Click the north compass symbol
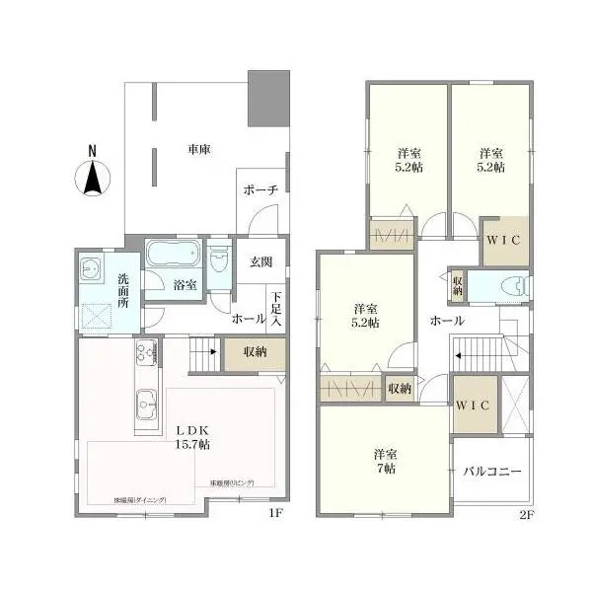coord(91,175)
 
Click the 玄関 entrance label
coord(260,261)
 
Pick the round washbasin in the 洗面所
coord(92,267)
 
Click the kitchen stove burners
coord(143,352)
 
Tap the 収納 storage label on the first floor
coord(255,352)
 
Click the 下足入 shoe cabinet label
coord(277,310)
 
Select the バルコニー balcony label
coord(492,472)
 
